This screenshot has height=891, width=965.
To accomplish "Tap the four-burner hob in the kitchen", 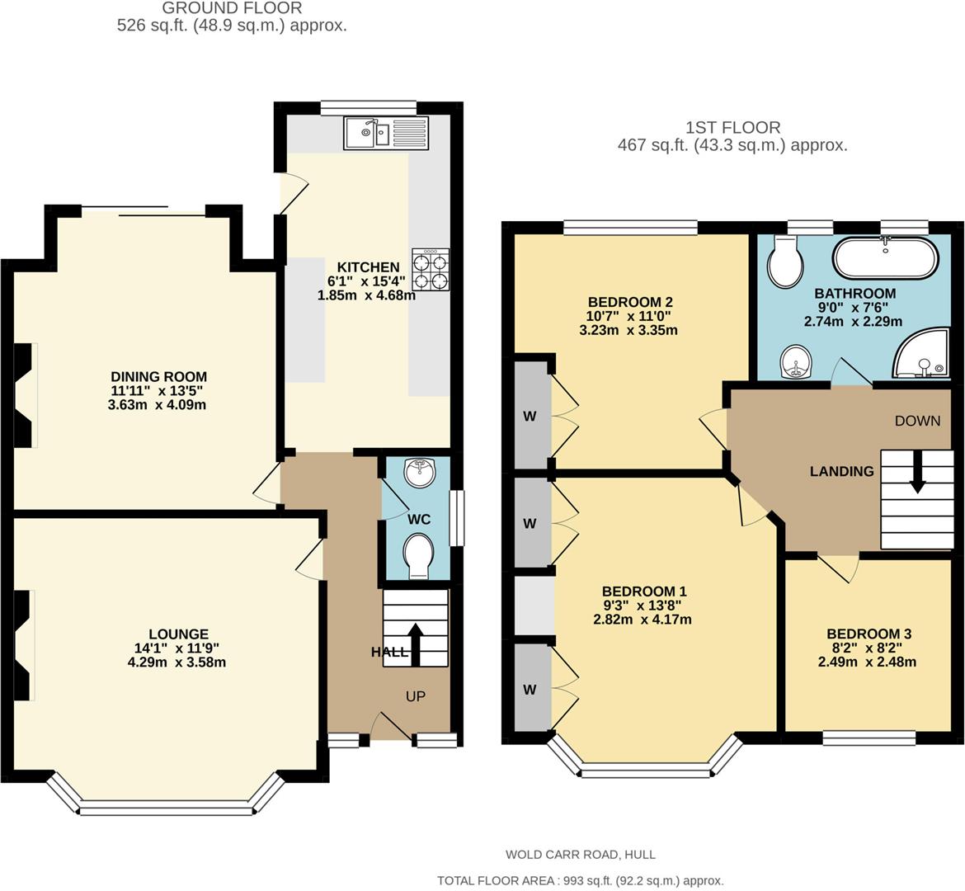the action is point(431,269).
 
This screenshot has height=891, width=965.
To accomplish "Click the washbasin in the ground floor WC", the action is point(421,472).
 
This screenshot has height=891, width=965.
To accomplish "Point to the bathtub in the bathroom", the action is point(885,258).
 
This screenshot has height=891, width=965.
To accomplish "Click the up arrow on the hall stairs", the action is point(416,644).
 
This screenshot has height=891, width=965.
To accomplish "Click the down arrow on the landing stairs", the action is point(917,472).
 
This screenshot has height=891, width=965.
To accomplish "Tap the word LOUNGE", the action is point(178,634).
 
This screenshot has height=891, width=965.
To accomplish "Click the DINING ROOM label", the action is point(159,376).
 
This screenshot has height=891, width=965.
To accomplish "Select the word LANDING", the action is point(841,471).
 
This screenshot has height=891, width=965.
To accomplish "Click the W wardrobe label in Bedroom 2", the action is point(530,416).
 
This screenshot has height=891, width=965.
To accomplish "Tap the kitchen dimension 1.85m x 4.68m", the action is point(366,295).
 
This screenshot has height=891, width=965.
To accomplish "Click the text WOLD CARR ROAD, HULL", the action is point(581,854).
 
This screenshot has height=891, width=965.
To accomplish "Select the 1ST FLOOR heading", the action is point(733,127).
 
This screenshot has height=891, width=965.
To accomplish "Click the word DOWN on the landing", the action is point(918,421).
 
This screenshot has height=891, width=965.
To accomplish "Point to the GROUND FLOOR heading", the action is point(232,8).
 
